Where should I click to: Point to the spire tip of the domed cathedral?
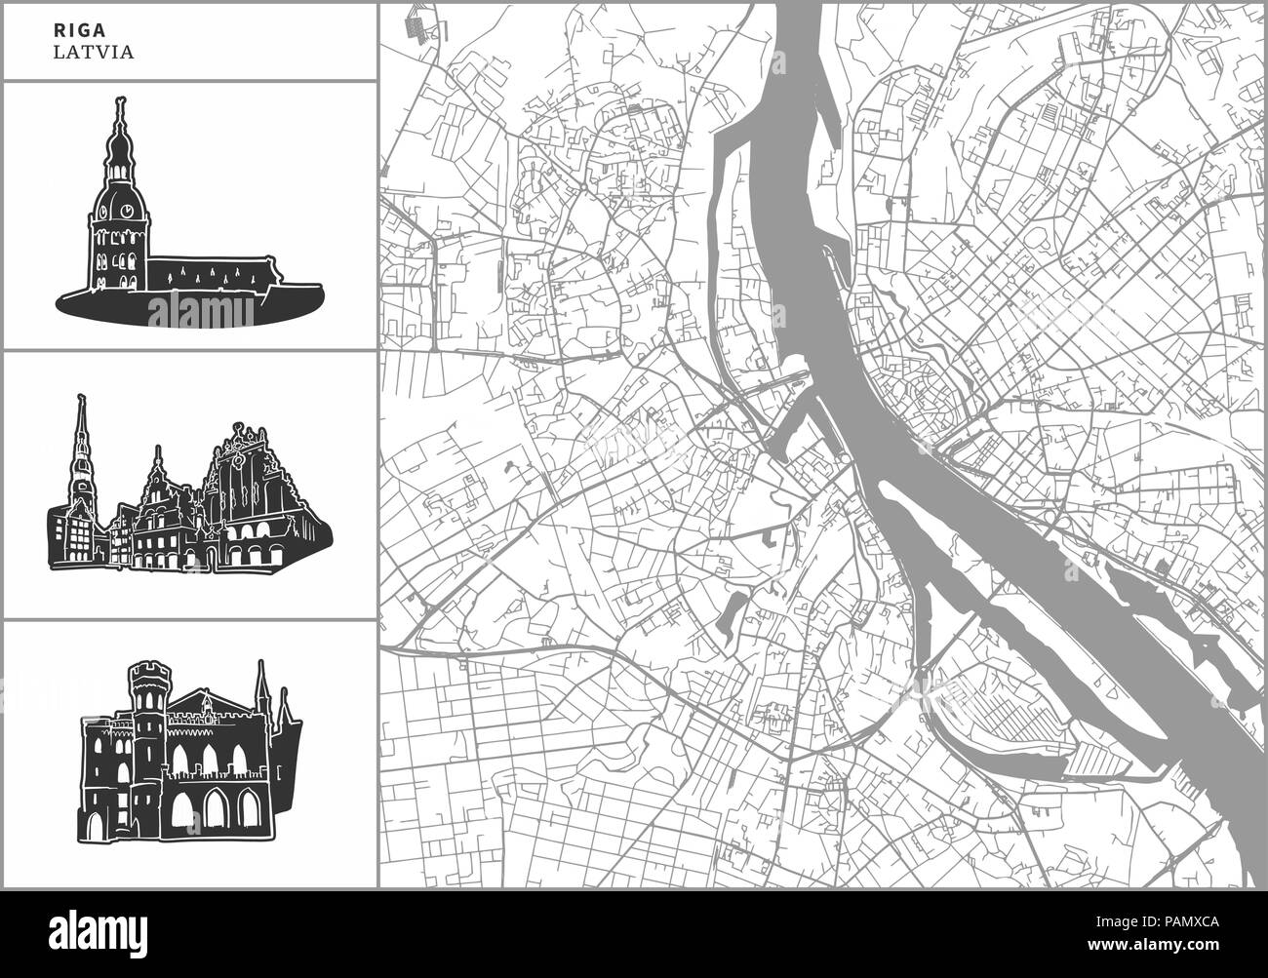click(120, 100)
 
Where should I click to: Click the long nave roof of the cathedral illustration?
click(215, 262)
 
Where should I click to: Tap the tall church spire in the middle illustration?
click(82, 439)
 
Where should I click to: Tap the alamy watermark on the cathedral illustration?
click(202, 312)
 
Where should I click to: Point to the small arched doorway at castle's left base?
click(94, 827)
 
